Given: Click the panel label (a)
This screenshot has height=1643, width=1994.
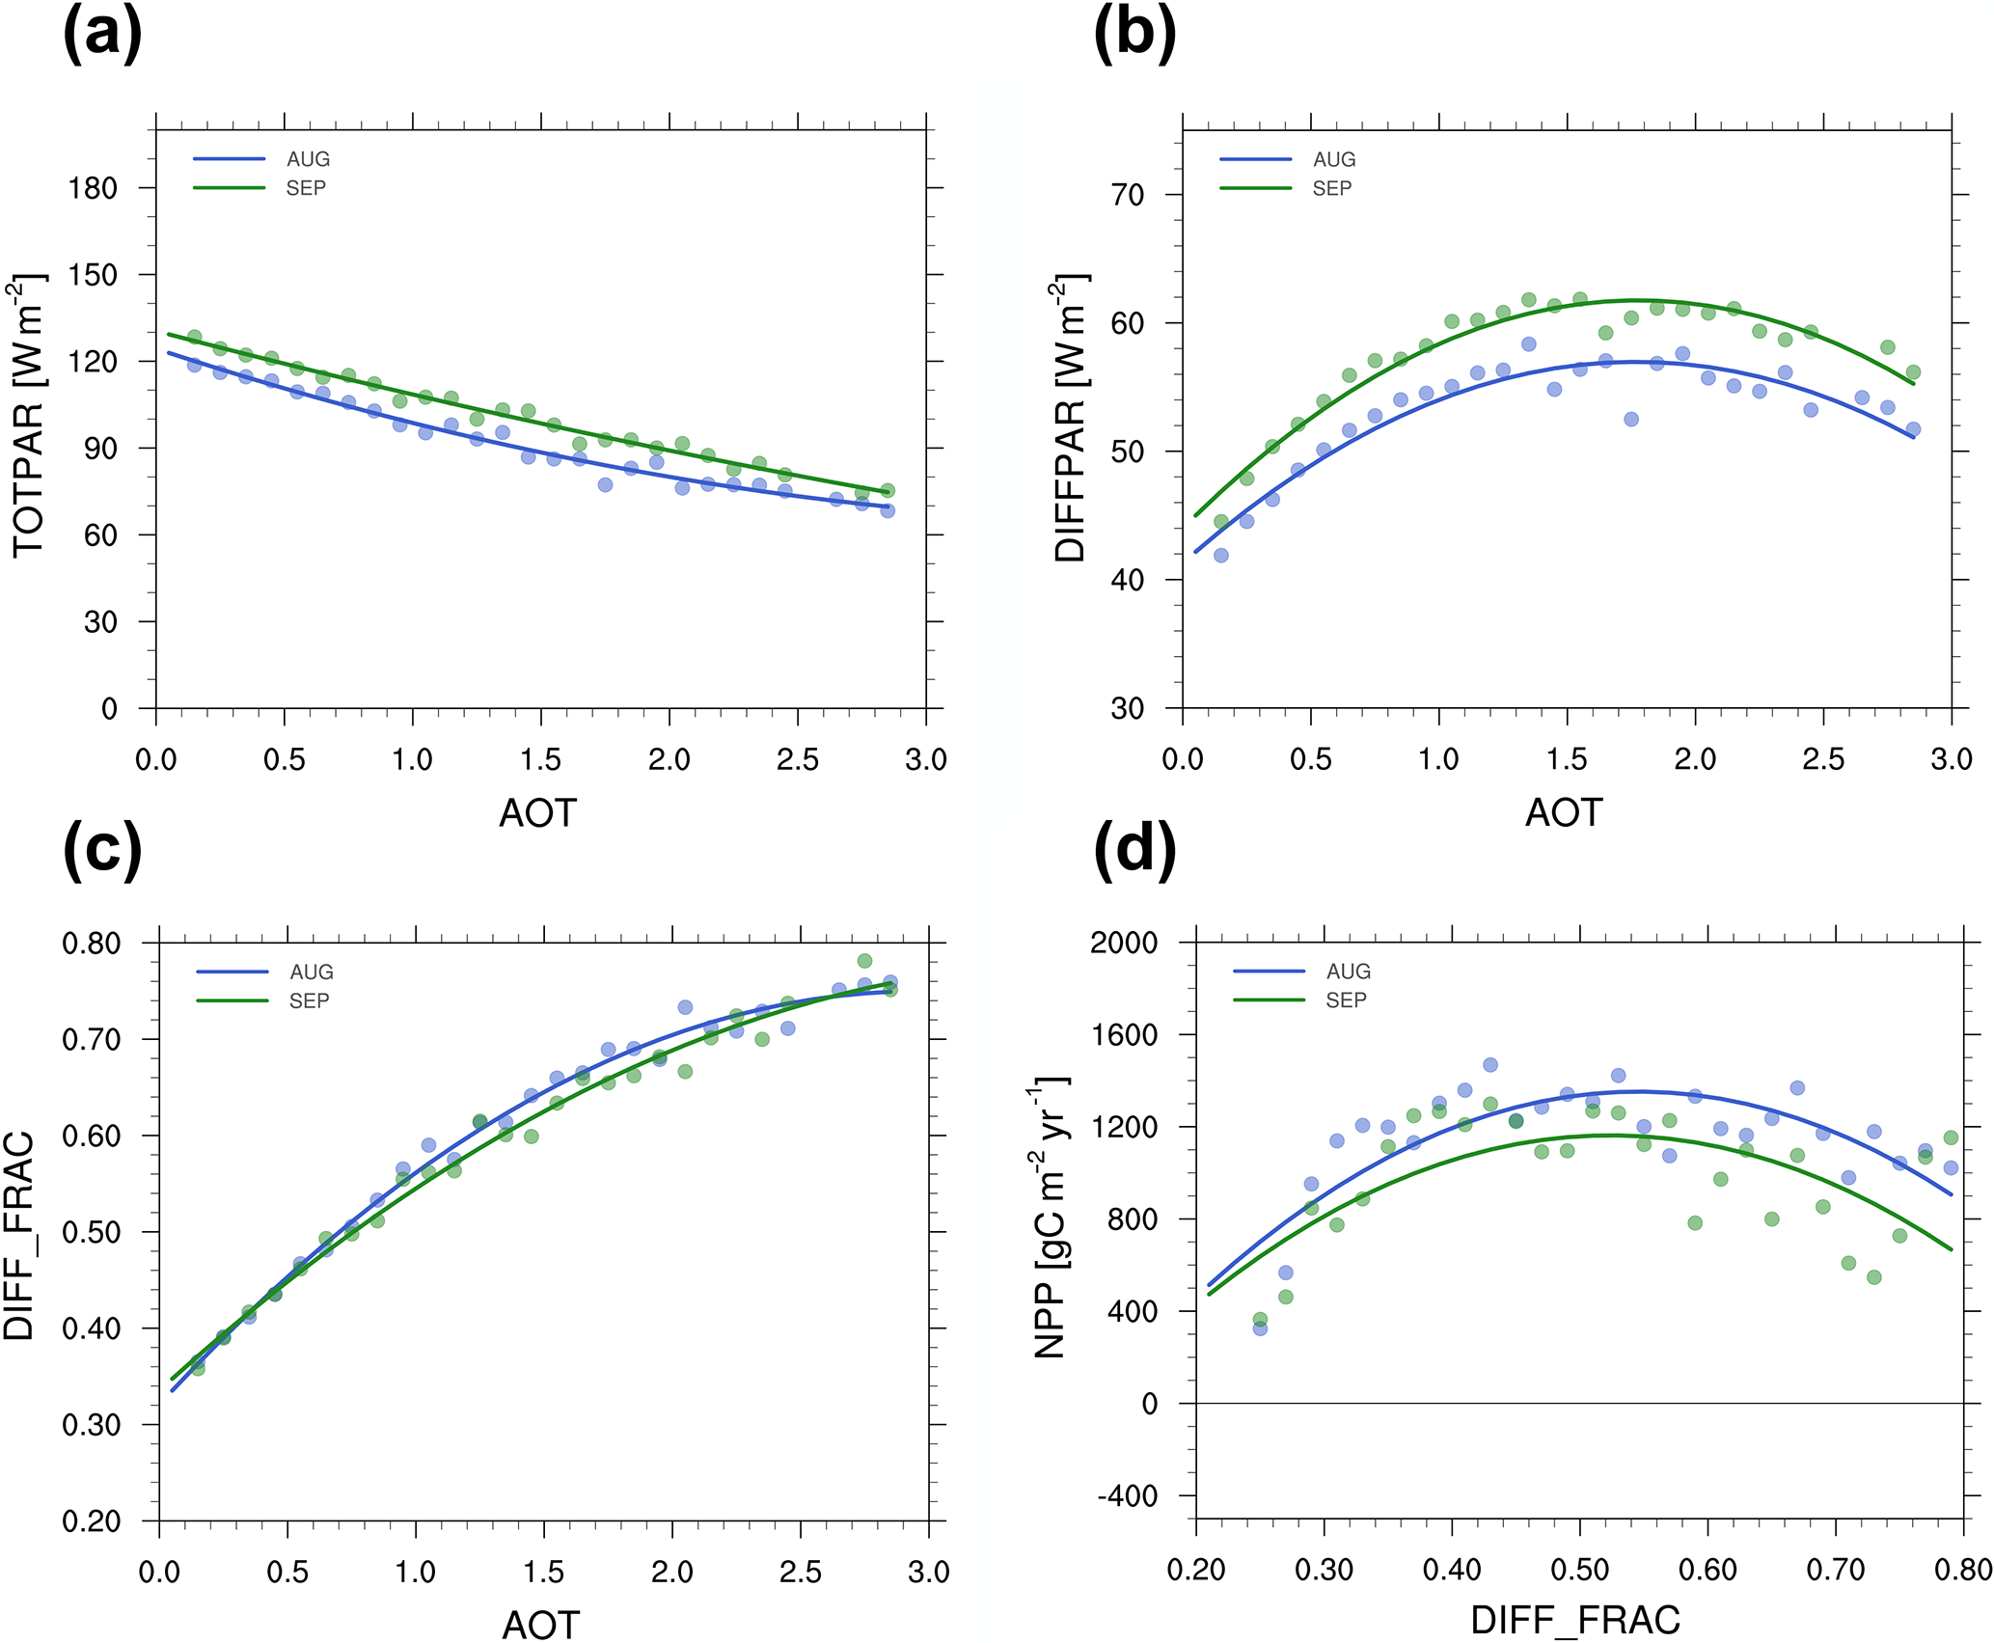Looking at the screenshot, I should point(102,36).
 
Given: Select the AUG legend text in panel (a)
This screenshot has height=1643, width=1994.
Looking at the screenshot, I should point(308,159).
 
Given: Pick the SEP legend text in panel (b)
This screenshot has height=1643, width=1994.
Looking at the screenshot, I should point(1331,189).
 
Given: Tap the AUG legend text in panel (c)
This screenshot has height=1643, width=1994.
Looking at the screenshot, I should point(311,972).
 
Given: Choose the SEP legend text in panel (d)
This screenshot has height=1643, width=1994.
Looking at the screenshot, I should point(1346,1000).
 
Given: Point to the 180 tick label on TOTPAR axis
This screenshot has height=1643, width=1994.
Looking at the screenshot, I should point(93,188).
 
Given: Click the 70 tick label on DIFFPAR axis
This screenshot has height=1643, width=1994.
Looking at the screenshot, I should point(1127,195).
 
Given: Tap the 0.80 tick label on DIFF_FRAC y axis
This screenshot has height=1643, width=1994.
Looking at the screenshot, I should point(92,944).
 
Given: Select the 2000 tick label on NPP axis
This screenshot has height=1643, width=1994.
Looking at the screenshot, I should point(1123,943).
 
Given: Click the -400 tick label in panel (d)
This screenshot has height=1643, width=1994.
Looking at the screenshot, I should point(1127,1496).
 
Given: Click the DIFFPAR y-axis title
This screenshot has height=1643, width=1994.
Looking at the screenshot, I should point(1070,417).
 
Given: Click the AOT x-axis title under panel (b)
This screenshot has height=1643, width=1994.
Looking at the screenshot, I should point(1564,813).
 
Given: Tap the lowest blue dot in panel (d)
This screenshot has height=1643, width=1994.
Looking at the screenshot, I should point(1260,1328).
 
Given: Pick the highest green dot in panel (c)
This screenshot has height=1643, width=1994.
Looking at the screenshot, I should point(864,961).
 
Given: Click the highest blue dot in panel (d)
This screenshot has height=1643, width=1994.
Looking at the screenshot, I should point(1490,1065).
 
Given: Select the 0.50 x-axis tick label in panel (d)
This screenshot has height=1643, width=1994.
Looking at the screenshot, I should point(1579,1571).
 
